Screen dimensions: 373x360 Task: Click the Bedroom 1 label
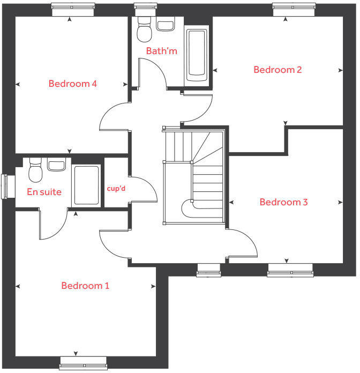(x=85, y=286)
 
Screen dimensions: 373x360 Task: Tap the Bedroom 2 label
(x=277, y=70)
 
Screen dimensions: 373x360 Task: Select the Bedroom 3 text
(x=283, y=202)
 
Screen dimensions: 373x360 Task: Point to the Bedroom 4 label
(x=72, y=84)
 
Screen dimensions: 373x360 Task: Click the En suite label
(x=44, y=192)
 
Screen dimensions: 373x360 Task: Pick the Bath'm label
(x=161, y=51)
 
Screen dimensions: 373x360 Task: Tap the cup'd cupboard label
(x=116, y=189)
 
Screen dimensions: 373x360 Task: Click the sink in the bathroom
(x=167, y=25)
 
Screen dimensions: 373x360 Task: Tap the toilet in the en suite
(x=35, y=171)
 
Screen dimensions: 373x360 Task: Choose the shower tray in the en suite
(x=86, y=185)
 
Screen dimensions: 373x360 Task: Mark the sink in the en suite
(x=56, y=165)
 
